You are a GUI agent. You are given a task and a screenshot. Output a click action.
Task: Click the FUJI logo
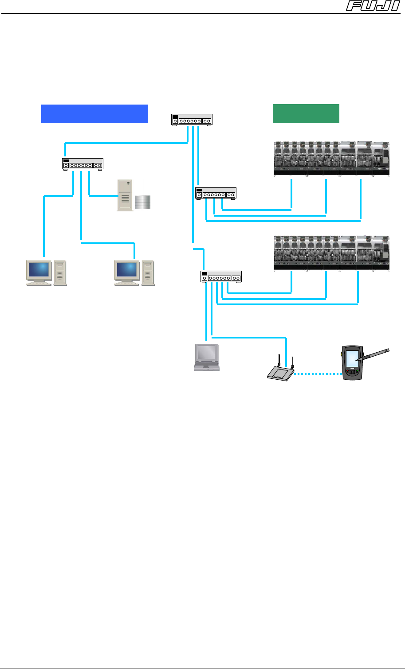375,6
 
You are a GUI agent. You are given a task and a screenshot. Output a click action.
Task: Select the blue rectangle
94,113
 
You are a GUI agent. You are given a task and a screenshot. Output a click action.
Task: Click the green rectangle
306,113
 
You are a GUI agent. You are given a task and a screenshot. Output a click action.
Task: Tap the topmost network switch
192,120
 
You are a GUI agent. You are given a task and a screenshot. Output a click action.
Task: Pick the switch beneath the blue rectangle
83,164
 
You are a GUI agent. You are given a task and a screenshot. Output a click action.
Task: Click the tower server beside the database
125,195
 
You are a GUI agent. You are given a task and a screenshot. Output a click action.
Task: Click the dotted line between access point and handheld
318,374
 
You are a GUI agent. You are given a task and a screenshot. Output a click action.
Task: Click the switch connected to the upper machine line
216,193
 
